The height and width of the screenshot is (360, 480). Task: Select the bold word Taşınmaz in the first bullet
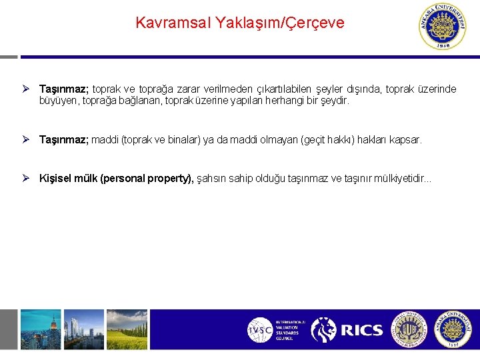point(64,89)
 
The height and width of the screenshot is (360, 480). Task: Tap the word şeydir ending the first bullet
point(334,101)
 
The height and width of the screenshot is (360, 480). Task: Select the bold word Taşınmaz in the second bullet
point(64,140)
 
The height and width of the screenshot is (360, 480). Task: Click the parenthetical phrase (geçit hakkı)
point(327,140)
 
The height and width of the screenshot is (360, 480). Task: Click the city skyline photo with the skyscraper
point(40,329)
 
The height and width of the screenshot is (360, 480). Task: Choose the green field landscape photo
point(127,329)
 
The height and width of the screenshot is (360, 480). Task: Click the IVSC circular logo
point(259,329)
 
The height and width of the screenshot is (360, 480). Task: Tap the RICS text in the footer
point(361,330)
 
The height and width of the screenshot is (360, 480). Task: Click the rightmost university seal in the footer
point(453,329)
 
